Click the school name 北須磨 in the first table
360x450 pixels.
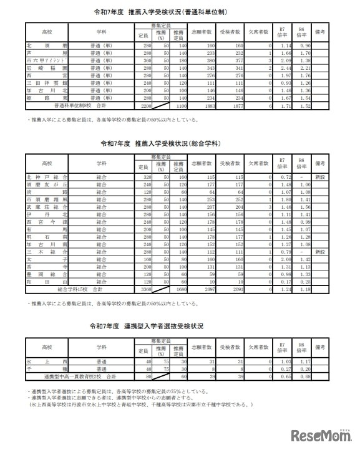point(47,45)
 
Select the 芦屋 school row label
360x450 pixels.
point(47,53)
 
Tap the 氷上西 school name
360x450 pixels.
point(47,361)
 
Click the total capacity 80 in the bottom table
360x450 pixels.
point(147,376)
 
